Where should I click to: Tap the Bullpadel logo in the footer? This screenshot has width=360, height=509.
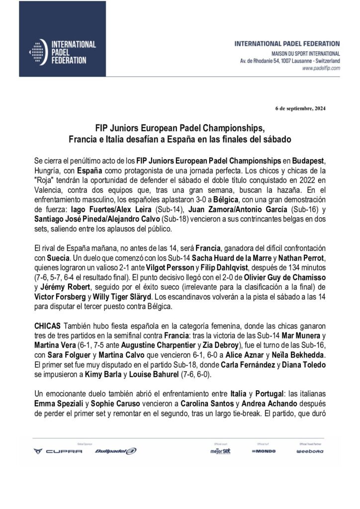point(115,451)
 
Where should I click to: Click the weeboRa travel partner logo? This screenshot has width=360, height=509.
point(310,451)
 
